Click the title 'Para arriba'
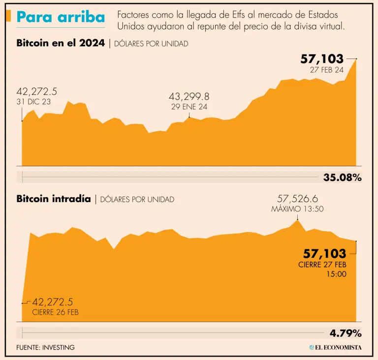61,17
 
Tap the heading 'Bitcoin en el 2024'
60,43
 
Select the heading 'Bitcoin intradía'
53,199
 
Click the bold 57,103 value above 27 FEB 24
322,59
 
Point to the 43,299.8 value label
189,96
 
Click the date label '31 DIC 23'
33,102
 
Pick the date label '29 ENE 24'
189,107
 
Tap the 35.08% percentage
342,178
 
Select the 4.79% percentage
346,333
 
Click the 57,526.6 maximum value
297,199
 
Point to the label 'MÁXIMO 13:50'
297,209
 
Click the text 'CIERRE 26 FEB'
55,312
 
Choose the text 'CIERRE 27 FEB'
322,265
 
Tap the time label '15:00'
336,274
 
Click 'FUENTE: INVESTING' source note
45,347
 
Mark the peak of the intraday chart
296,220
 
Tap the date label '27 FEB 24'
326,70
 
